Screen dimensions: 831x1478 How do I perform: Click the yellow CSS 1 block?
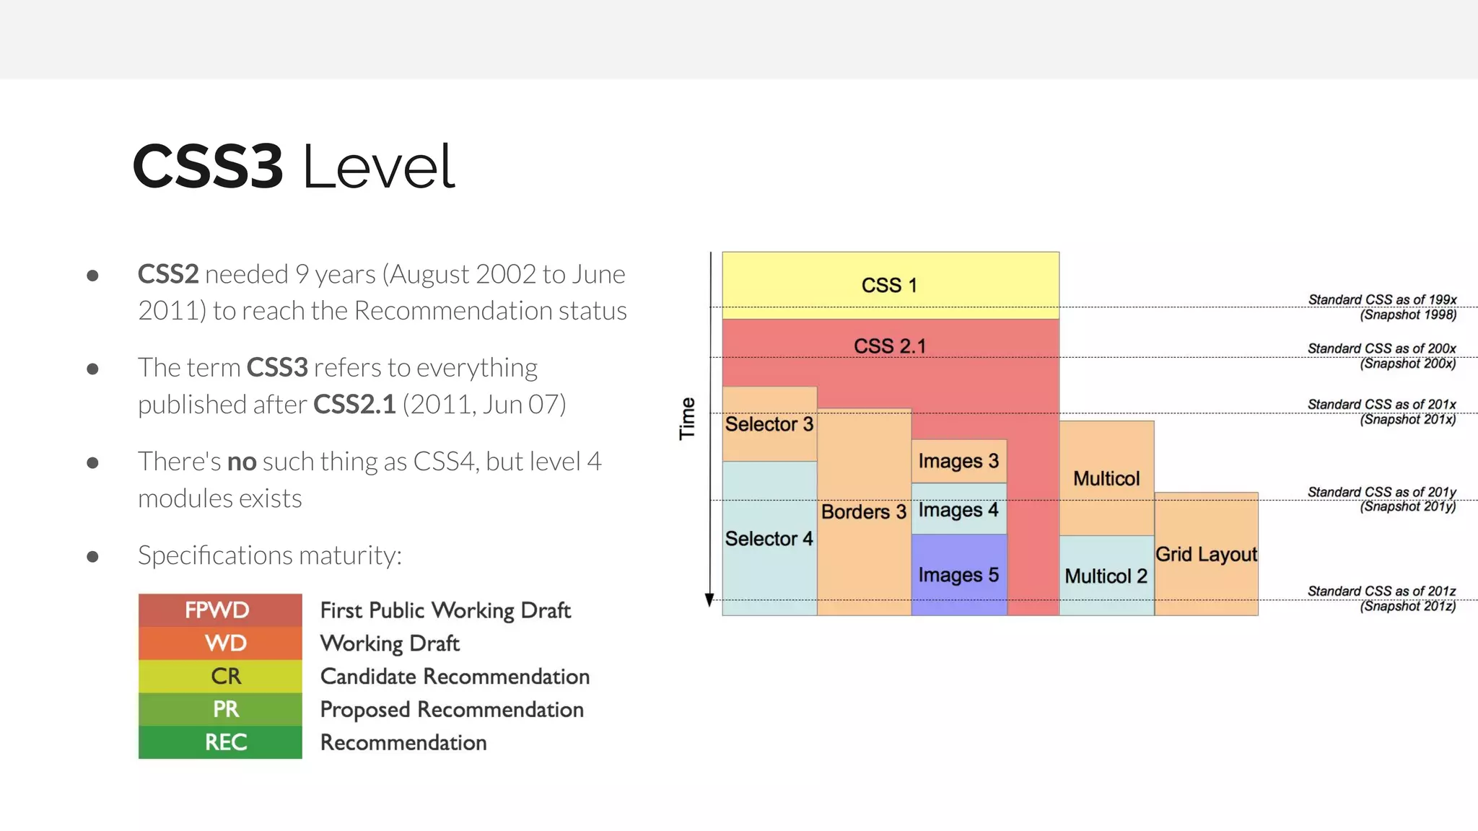point(890,285)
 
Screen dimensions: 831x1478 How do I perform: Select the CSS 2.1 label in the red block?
point(890,346)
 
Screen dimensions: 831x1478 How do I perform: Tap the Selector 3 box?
point(769,424)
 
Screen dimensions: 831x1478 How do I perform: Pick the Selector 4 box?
point(769,539)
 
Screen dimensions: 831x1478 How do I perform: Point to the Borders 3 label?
point(863,512)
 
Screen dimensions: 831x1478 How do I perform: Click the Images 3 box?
point(958,461)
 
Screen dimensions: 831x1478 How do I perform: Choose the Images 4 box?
point(958,510)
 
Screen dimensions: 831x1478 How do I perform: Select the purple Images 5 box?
point(958,575)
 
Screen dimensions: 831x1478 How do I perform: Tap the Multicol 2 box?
point(1106,576)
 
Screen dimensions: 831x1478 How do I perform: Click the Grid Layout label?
point(1206,554)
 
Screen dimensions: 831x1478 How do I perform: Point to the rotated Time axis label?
point(687,418)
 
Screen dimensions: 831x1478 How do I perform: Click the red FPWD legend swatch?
point(219,610)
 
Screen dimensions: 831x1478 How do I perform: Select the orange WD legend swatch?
point(219,643)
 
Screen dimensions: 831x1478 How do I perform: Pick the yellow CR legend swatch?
point(219,676)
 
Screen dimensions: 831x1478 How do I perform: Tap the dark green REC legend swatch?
point(219,742)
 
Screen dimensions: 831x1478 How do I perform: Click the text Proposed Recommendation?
point(452,710)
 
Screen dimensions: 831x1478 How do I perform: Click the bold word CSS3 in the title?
point(208,167)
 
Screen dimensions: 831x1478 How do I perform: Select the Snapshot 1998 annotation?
point(1407,315)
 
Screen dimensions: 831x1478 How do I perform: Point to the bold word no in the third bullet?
point(242,462)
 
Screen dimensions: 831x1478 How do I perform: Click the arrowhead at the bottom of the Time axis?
point(709,599)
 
